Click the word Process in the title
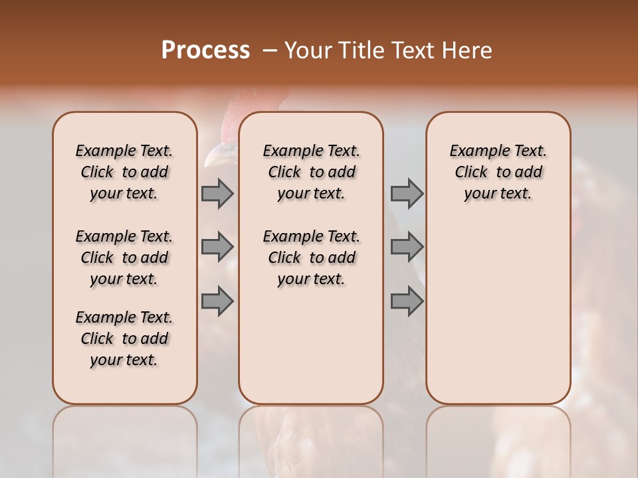[205, 50]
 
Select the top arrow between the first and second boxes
[217, 193]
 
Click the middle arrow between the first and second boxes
[217, 247]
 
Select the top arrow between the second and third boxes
[407, 193]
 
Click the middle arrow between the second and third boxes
[407, 247]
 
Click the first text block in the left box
[124, 172]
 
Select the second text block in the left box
[124, 258]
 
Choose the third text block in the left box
[124, 339]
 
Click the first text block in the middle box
[311, 172]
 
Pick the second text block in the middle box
[311, 258]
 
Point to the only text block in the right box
[498, 172]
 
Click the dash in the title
[270, 50]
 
